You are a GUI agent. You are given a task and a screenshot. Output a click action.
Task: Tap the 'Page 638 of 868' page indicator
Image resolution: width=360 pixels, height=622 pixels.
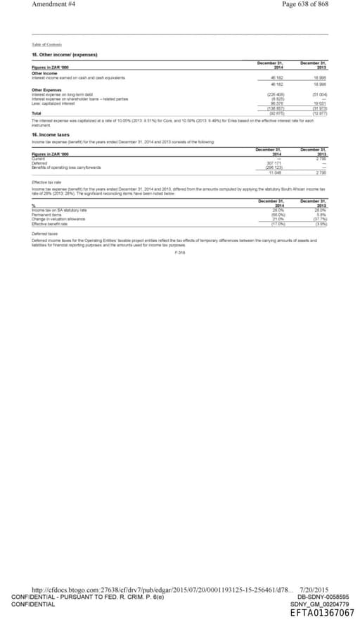coord(304,4)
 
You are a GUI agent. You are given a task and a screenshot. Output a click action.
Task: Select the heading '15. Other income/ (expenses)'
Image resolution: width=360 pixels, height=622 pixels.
coord(65,54)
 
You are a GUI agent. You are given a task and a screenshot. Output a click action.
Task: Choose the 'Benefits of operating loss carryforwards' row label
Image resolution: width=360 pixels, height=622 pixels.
coord(67,167)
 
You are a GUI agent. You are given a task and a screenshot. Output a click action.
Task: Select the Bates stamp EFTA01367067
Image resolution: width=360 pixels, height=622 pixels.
coord(322,613)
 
